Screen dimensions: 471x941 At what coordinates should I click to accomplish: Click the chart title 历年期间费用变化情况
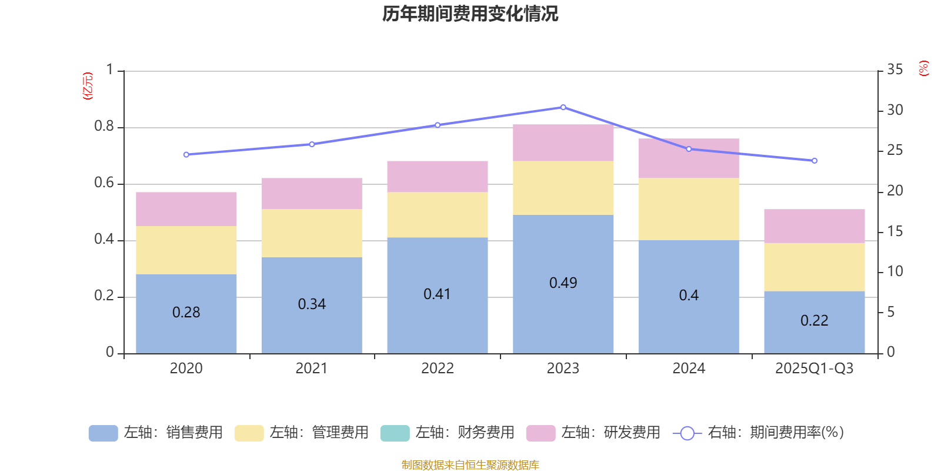[x=470, y=14]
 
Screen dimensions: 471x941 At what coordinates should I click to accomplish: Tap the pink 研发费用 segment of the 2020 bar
[x=186, y=209]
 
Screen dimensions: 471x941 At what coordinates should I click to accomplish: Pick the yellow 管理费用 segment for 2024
[x=688, y=209]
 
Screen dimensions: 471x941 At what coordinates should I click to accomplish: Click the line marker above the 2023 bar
[x=563, y=107]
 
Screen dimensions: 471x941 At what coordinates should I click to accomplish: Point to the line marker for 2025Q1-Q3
[x=814, y=161]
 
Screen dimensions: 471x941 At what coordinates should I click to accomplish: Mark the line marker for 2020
[x=186, y=155]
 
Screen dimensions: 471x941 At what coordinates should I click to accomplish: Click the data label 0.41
[x=437, y=294]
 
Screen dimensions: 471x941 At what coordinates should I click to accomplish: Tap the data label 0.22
[x=814, y=320]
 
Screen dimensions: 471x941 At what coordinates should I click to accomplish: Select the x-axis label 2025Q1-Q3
[x=814, y=369]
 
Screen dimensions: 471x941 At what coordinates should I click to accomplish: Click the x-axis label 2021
[x=311, y=369]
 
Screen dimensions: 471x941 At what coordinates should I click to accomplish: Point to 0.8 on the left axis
[x=104, y=127]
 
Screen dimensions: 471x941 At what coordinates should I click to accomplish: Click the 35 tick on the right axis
[x=895, y=70]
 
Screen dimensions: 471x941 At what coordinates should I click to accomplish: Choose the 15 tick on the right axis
[x=895, y=231]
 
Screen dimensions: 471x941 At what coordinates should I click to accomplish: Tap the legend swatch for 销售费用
[x=103, y=433]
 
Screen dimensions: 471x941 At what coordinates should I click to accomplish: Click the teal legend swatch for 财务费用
[x=395, y=433]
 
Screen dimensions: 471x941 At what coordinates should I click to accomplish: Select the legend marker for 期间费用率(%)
[x=687, y=433]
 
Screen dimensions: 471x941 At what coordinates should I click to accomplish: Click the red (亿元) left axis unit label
[x=88, y=86]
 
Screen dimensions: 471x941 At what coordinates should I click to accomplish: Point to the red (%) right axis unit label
[x=923, y=68]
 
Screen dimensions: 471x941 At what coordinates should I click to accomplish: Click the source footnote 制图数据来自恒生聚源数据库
[x=470, y=465]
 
